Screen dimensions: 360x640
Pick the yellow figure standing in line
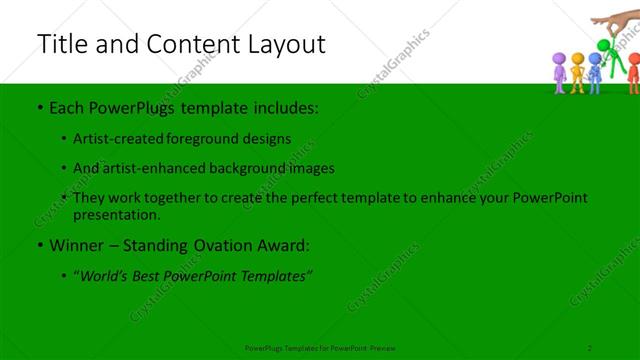(x=578, y=74)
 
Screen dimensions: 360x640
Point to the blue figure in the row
(x=595, y=73)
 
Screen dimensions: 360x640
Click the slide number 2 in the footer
(x=590, y=347)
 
